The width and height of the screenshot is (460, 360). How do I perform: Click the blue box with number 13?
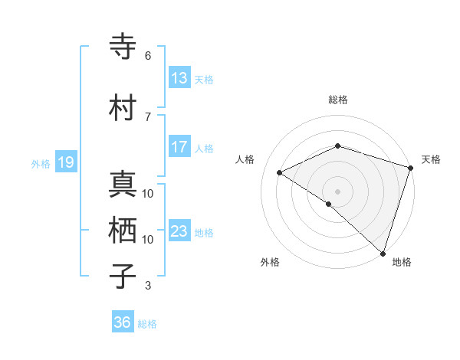[179, 78]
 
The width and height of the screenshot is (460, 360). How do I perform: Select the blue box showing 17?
[179, 147]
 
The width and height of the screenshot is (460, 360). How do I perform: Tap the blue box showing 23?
[179, 231]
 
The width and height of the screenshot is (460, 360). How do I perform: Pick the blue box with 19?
[65, 162]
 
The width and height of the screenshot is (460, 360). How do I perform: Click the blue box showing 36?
[122, 322]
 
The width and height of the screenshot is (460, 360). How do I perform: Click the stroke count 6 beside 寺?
[148, 55]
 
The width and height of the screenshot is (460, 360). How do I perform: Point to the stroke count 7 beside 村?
[148, 116]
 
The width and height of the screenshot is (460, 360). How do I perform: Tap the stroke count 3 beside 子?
[148, 286]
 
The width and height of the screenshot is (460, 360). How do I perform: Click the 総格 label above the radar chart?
[338, 100]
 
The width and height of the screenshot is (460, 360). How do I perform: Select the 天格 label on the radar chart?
[431, 159]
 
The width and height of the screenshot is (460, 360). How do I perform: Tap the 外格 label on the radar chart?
[270, 262]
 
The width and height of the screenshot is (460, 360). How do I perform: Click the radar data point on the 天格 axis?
[411, 168]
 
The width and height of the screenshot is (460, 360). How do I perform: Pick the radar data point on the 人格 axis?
[280, 172]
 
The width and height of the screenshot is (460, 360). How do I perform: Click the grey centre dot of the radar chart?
[337, 191]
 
